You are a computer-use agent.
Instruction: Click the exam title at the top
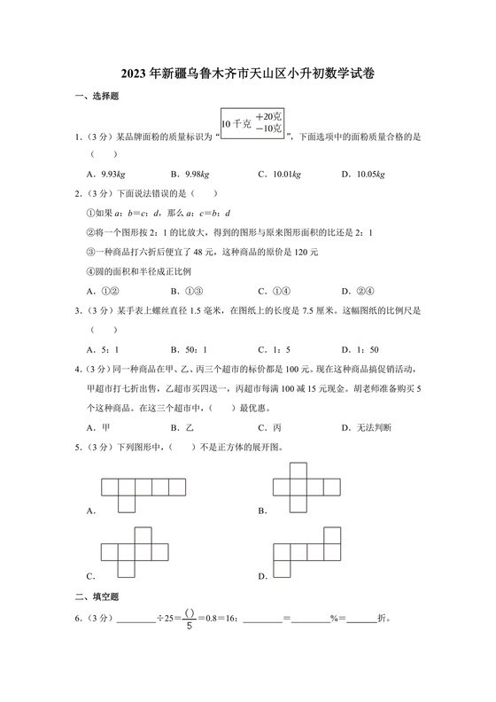click(x=249, y=75)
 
